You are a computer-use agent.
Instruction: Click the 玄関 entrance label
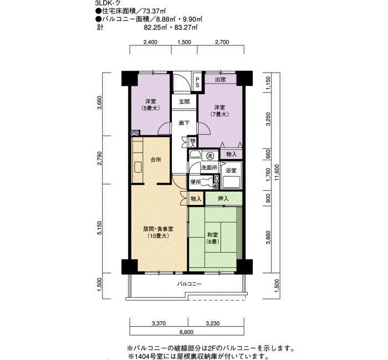(185, 101)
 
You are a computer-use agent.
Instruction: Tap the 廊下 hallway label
(185, 123)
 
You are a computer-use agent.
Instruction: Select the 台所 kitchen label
(156, 160)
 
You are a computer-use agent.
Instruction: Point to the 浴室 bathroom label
(231, 171)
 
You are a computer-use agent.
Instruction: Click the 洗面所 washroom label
(209, 167)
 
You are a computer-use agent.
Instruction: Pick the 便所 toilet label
(196, 182)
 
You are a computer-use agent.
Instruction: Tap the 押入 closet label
(223, 198)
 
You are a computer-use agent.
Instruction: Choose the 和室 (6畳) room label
(212, 238)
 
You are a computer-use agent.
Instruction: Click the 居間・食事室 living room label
(159, 229)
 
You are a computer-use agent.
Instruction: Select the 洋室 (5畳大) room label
(150, 105)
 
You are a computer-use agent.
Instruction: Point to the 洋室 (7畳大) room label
(219, 111)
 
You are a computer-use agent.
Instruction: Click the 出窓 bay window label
(220, 79)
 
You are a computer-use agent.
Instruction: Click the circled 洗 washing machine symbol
(210, 156)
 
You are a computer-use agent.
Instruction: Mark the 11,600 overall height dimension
(277, 172)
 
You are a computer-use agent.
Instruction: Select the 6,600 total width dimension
(187, 332)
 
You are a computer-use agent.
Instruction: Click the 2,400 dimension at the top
(150, 42)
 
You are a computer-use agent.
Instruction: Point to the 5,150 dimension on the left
(99, 228)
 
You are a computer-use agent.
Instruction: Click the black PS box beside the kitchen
(135, 133)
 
